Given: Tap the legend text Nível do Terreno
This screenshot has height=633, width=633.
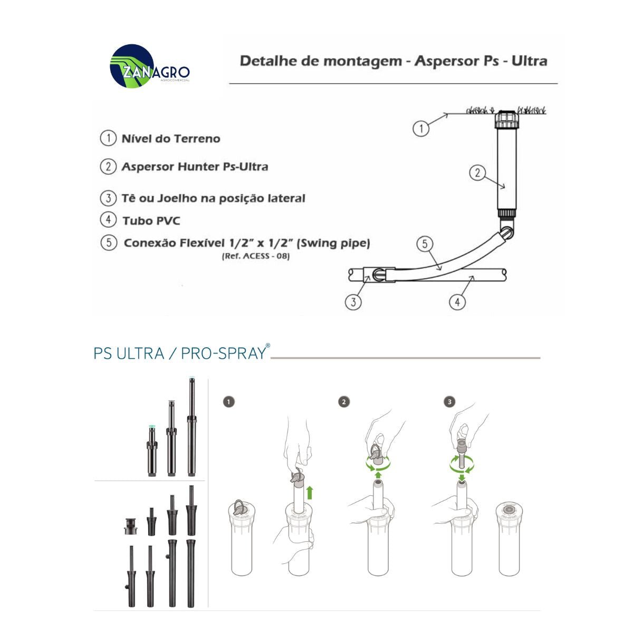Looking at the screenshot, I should [x=170, y=139].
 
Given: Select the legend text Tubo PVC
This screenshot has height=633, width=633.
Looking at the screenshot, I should [x=151, y=220].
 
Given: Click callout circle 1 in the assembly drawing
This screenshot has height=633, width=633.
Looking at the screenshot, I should [x=420, y=128].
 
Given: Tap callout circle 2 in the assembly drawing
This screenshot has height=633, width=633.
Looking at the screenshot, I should [x=477, y=172].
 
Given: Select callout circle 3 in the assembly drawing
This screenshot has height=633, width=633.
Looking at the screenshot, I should [x=353, y=302].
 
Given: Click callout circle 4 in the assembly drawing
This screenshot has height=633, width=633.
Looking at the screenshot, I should [x=457, y=302].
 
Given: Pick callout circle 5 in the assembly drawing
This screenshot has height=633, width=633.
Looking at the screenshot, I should [x=425, y=244].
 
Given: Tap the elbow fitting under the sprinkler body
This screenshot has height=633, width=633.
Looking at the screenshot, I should [x=505, y=232].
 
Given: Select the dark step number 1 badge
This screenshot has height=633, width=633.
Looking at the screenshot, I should [x=228, y=402].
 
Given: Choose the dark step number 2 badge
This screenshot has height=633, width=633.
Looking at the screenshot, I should [x=344, y=402].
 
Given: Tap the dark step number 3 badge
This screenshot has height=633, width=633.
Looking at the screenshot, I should [x=449, y=402].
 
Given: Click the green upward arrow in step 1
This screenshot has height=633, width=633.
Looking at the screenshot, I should [x=310, y=492].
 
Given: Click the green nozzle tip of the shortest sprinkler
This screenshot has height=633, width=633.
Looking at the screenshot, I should [x=151, y=425].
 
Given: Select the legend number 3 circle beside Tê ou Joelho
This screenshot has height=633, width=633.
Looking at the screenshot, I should [x=108, y=198].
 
